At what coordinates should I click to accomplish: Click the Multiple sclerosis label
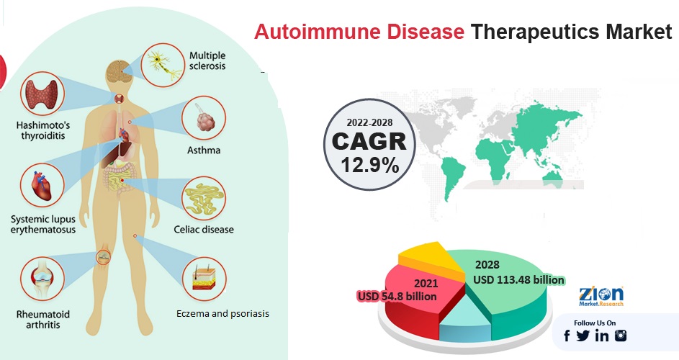click(x=207, y=60)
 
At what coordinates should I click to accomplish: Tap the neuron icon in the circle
click(x=163, y=65)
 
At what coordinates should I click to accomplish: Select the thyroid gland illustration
click(x=42, y=94)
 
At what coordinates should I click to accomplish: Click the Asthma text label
click(x=204, y=150)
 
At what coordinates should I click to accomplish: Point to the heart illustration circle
click(x=42, y=185)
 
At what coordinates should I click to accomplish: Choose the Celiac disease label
click(x=204, y=229)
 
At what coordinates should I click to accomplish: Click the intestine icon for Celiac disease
click(x=204, y=199)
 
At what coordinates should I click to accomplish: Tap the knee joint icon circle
click(x=42, y=279)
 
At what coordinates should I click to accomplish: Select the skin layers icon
click(x=204, y=279)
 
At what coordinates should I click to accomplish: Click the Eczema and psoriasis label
click(x=222, y=313)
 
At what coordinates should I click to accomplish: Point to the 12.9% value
click(x=370, y=165)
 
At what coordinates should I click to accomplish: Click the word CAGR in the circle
click(x=369, y=141)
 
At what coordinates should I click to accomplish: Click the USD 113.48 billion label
click(x=518, y=280)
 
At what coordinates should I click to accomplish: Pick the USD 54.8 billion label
click(x=397, y=297)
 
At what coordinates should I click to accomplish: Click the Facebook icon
click(x=567, y=336)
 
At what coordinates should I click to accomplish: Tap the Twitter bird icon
click(x=583, y=336)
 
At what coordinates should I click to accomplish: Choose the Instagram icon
click(x=621, y=336)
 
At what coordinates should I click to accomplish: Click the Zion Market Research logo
click(x=601, y=297)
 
